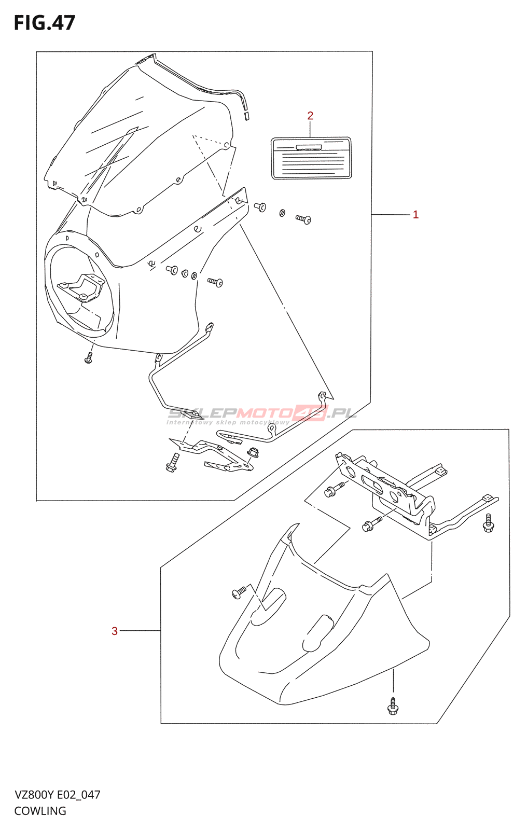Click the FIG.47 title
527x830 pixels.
45,23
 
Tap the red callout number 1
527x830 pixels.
415,215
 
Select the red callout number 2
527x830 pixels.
310,116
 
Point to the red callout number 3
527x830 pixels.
115,631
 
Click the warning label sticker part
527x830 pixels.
311,158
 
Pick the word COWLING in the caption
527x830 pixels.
40,811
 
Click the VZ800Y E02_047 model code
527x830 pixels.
57,795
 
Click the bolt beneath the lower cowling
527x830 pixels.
393,707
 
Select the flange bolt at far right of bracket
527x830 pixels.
488,524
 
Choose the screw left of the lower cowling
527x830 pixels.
240,591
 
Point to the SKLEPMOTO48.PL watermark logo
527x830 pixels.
262,414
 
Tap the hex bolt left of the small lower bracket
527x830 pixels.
172,463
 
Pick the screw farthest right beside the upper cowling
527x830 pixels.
304,219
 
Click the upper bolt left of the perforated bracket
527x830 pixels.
334,489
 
